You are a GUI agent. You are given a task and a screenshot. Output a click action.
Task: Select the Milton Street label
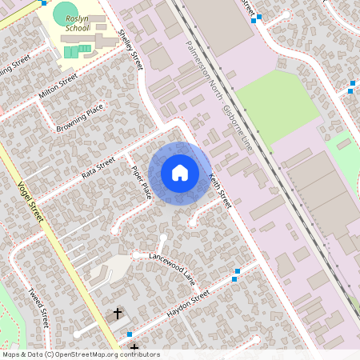pyautogui.click(x=58, y=87)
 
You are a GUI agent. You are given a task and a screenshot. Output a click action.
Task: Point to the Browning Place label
pyautogui.click(x=80, y=118)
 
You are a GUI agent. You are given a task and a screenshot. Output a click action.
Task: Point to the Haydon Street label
pyautogui.click(x=187, y=305)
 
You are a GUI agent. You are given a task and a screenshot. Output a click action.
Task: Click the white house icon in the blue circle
pyautogui.click(x=180, y=172)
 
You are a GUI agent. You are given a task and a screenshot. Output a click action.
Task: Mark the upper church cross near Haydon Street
pyautogui.click(x=118, y=314)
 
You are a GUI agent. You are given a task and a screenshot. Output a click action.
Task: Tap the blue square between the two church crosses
pyautogui.click(x=130, y=334)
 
